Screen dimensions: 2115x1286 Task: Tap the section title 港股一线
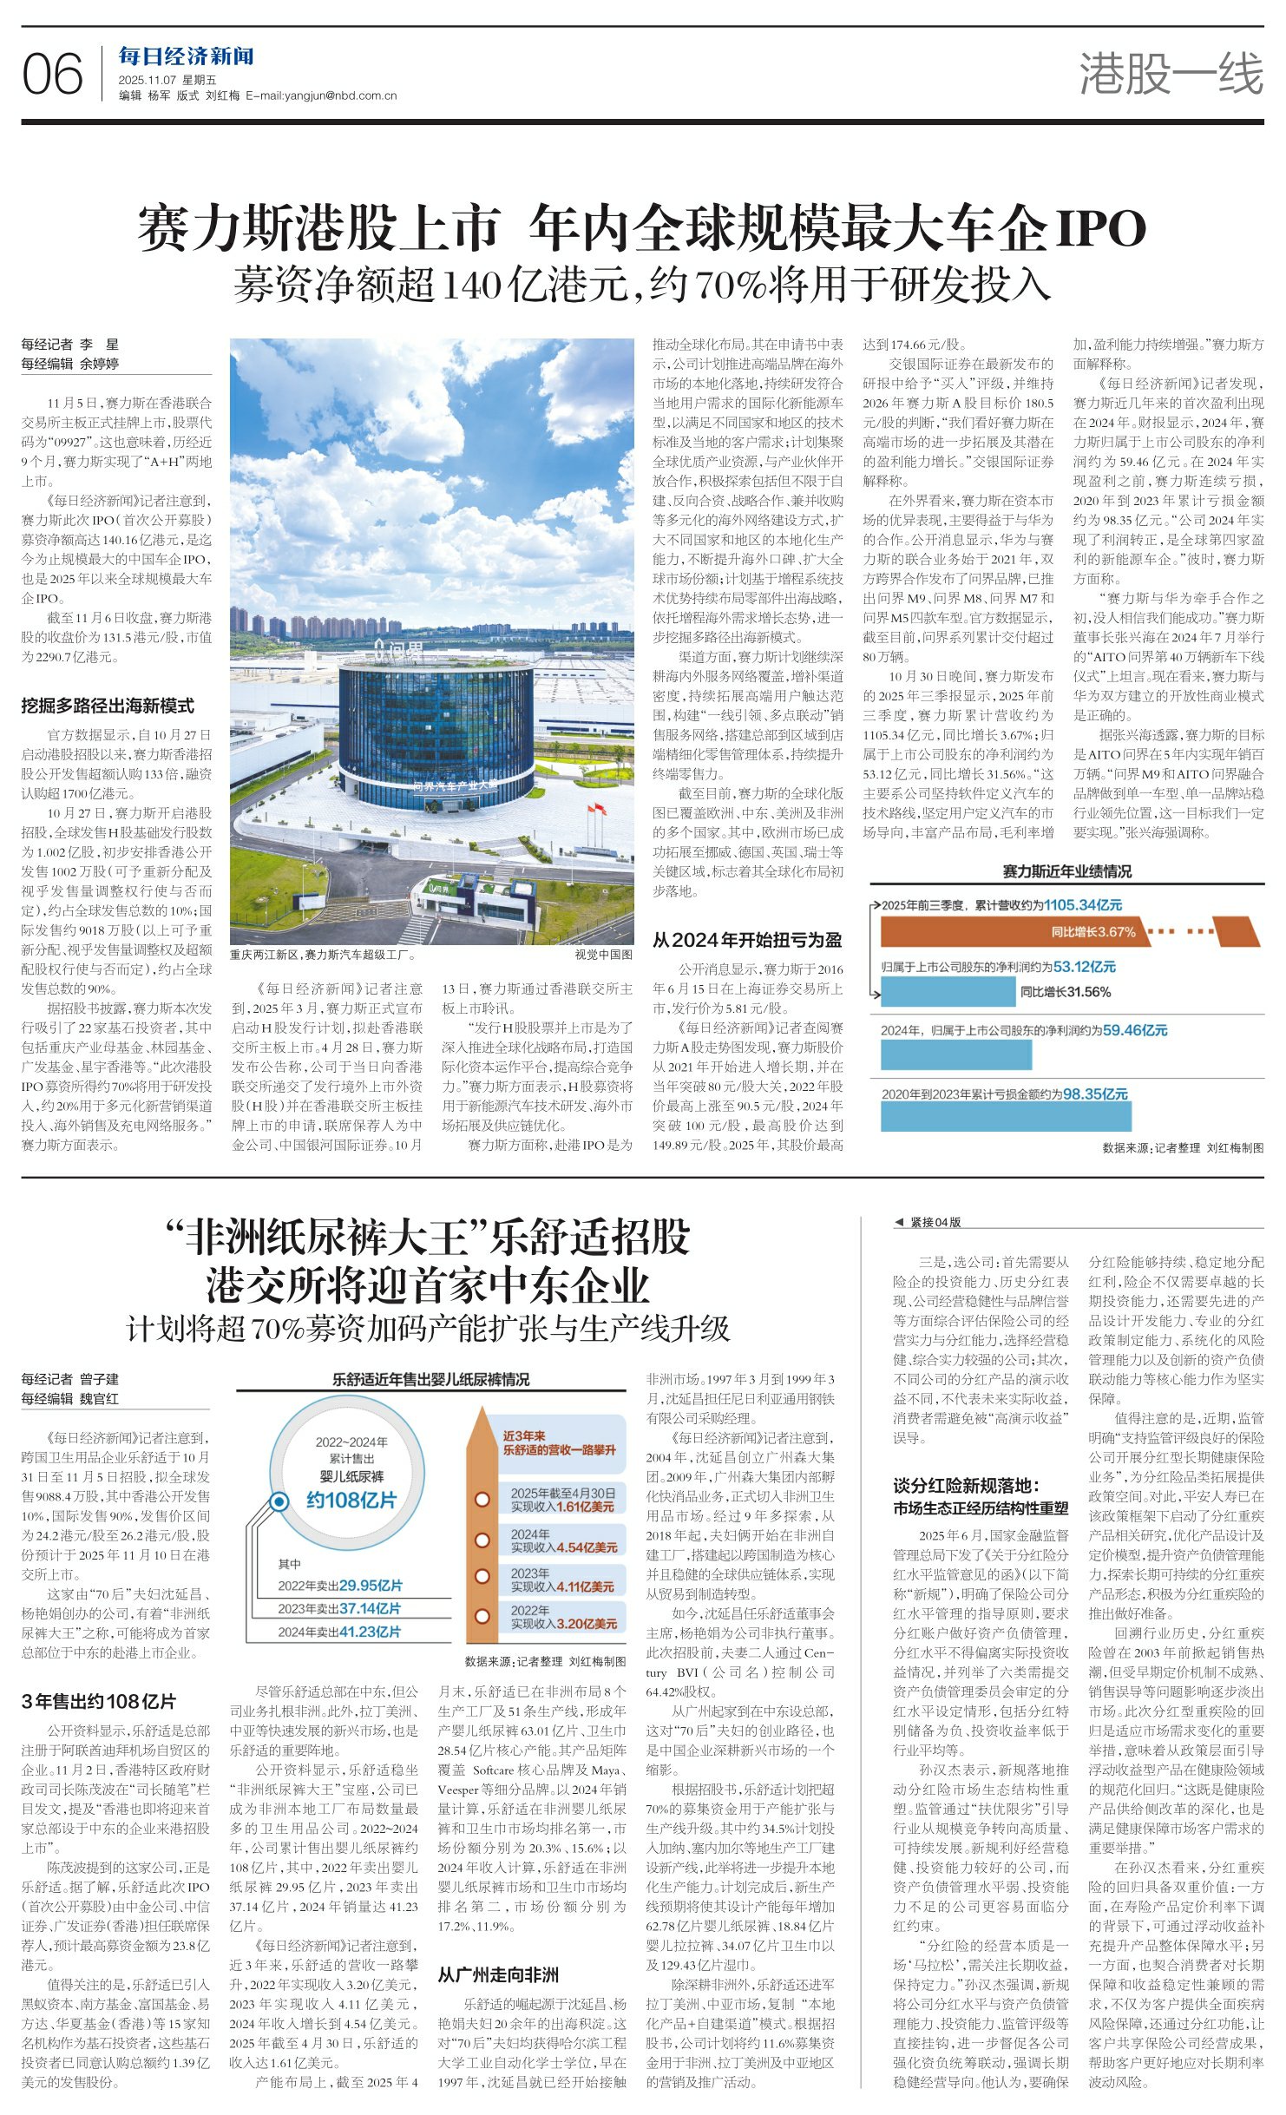1171,73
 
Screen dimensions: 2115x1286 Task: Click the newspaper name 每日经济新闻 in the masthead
187,57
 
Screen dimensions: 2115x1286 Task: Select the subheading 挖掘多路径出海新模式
108,706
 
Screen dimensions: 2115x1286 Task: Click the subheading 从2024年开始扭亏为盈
747,940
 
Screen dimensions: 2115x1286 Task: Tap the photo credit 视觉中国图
604,955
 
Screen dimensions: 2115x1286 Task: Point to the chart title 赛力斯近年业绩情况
1067,871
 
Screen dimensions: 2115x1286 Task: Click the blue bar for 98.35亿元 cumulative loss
1006,1116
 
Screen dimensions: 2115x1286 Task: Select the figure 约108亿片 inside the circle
351,1499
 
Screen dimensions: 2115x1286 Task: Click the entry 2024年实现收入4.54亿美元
563,1540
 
